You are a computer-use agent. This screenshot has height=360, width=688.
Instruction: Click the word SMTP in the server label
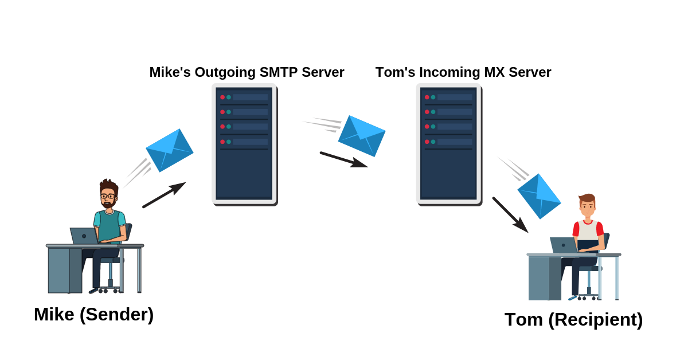tap(277, 72)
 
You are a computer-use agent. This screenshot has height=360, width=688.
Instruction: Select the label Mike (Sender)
tap(93, 314)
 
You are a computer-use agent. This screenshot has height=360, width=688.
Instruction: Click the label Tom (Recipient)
tap(573, 319)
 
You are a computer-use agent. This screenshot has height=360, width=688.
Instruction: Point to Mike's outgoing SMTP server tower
tap(244, 143)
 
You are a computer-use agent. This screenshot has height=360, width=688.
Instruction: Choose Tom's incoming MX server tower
tap(448, 143)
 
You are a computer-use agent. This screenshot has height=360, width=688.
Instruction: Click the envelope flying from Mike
tap(170, 150)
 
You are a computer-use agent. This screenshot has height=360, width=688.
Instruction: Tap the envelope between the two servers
tap(362, 135)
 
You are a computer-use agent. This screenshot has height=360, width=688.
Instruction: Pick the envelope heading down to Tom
tap(539, 196)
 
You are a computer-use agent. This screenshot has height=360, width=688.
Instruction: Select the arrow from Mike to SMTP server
tap(164, 195)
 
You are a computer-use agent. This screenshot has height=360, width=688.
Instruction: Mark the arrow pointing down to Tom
tap(510, 215)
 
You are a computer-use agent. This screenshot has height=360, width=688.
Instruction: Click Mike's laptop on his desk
tap(84, 236)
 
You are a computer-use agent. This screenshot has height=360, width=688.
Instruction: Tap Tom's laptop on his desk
tap(563, 245)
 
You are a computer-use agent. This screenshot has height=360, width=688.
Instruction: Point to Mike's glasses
tap(107, 196)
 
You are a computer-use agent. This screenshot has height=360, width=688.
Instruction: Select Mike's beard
tap(108, 204)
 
